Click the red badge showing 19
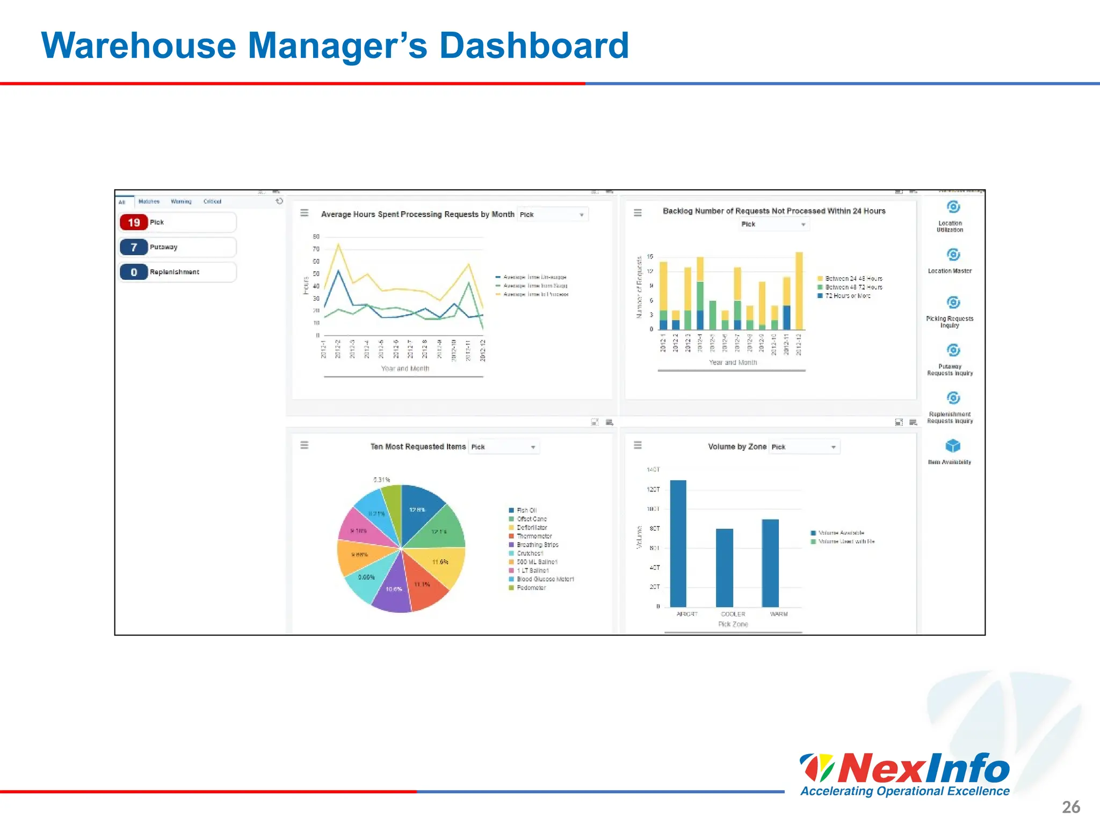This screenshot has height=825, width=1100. (x=134, y=222)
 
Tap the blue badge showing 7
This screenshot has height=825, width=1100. (x=134, y=247)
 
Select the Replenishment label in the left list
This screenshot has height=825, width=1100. (x=175, y=272)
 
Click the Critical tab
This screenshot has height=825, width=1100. (x=212, y=201)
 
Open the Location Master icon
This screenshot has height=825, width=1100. (x=953, y=255)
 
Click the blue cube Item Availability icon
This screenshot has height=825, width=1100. (x=953, y=446)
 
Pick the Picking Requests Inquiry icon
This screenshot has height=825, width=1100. (x=953, y=302)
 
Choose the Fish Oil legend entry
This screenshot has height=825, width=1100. (x=526, y=510)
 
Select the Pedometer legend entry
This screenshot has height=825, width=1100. (x=531, y=588)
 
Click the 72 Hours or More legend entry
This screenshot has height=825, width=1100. (x=847, y=296)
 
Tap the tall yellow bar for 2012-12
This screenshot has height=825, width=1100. (x=799, y=290)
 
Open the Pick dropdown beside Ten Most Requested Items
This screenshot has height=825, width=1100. (x=504, y=447)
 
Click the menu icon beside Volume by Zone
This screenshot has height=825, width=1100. (x=638, y=445)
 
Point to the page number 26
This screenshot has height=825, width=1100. (x=1070, y=807)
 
